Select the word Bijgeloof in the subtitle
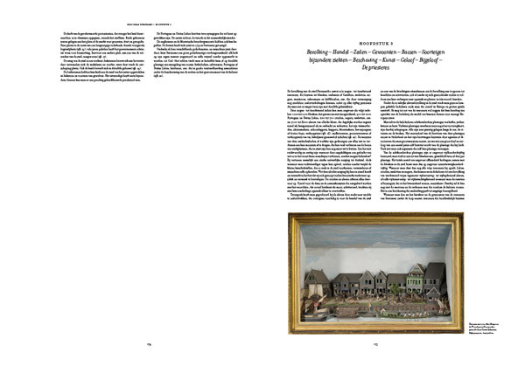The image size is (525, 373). pos(440,59)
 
